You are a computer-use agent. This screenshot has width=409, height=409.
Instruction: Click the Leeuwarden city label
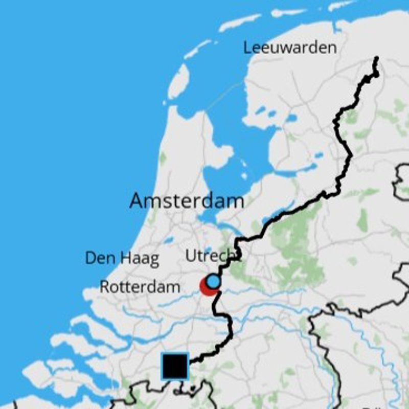(290, 48)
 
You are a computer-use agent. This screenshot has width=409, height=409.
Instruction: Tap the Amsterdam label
(187, 200)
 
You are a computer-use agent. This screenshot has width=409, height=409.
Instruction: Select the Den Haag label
(122, 258)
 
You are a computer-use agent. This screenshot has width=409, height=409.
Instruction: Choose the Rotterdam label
(140, 287)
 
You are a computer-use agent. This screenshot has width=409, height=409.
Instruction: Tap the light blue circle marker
(213, 282)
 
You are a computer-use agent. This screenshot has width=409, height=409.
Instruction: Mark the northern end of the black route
(377, 58)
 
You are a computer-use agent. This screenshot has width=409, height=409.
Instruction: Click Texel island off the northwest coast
(178, 81)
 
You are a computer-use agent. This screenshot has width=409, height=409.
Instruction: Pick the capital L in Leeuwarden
(247, 48)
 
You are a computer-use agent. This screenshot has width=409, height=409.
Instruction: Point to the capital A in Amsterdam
(137, 200)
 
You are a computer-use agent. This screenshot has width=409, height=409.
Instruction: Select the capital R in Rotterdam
(104, 287)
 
